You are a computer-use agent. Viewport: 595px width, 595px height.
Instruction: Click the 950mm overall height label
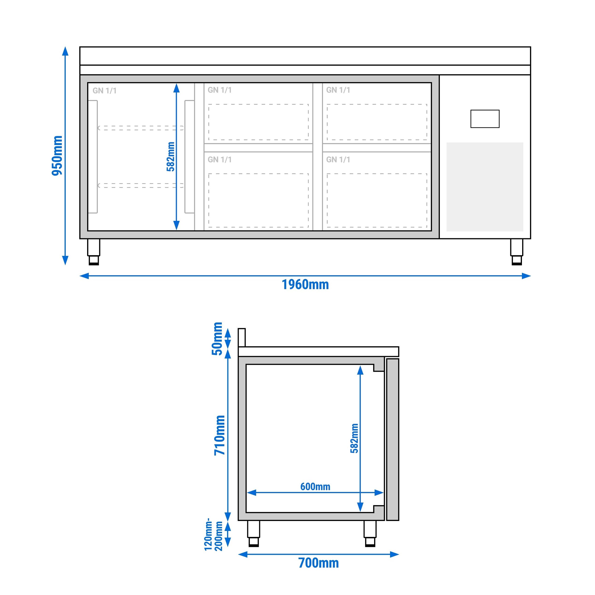pyautogui.click(x=57, y=155)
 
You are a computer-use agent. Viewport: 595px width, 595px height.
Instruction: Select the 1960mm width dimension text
pyautogui.click(x=305, y=285)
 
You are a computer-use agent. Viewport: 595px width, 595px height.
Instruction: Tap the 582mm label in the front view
pyautogui.click(x=170, y=156)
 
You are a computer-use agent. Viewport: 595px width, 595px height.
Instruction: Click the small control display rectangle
pyautogui.click(x=485, y=119)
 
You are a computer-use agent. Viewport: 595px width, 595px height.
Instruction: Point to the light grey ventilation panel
pyautogui.click(x=485, y=187)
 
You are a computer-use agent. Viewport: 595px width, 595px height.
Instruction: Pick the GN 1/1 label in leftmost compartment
pyautogui.click(x=104, y=90)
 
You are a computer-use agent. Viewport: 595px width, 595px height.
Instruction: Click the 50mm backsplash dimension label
pyautogui.click(x=218, y=339)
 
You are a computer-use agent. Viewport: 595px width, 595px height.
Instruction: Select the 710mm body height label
pyautogui.click(x=220, y=435)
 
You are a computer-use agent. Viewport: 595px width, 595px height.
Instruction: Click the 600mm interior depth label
pyautogui.click(x=315, y=487)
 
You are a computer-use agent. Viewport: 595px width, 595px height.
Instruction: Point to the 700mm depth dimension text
pyautogui.click(x=318, y=563)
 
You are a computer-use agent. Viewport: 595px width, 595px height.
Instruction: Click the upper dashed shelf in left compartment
pyautogui.click(x=141, y=128)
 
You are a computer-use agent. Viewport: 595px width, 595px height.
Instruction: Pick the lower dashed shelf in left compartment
pyautogui.click(x=141, y=185)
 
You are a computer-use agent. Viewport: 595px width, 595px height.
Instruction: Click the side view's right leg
pyautogui.click(x=370, y=533)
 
